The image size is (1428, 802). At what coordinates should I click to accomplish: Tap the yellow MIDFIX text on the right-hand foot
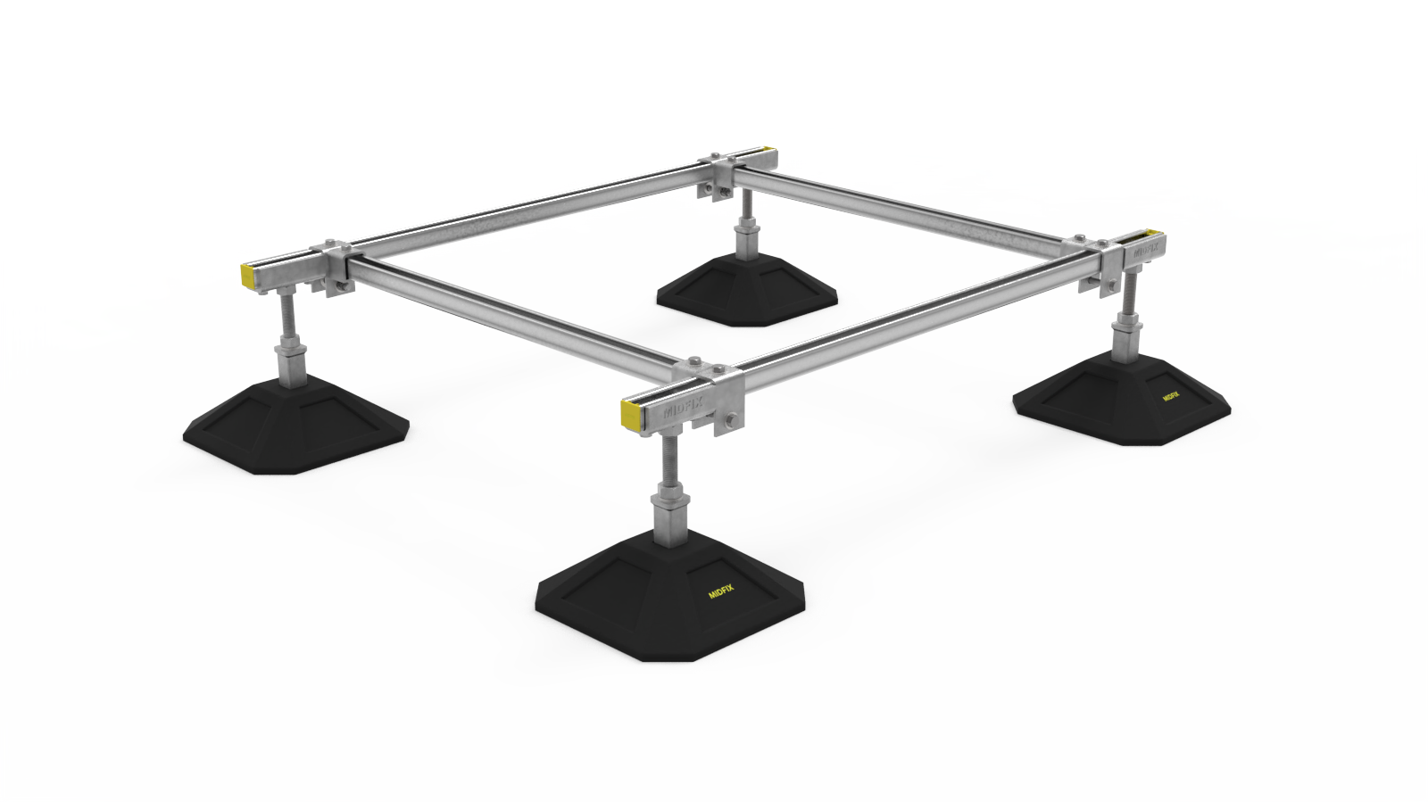pos(1172,395)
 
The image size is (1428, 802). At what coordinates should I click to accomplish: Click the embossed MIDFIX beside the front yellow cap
pos(683,409)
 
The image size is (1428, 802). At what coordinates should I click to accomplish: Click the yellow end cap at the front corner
pos(631,412)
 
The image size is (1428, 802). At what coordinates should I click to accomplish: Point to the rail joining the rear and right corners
pos(910,203)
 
